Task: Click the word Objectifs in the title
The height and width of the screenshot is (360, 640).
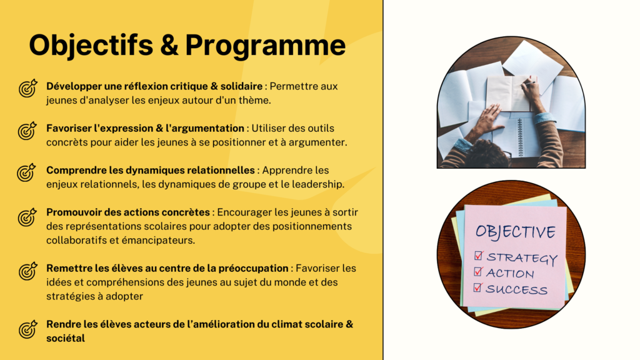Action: coord(91,45)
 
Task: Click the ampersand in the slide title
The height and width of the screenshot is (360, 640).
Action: coord(169,45)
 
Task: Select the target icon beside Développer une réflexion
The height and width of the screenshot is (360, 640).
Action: coord(27,88)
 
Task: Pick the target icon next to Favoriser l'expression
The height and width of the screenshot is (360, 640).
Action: coord(27,131)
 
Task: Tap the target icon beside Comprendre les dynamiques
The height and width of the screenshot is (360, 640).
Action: coord(26,172)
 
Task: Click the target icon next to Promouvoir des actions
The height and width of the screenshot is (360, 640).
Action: coord(27,217)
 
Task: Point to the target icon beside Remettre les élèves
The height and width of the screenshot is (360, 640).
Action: coord(27,271)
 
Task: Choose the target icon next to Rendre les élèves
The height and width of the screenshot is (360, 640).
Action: coord(27,329)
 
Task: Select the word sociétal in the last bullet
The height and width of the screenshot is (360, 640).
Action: coord(66,338)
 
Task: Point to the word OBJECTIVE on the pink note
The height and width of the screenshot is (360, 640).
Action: coord(516,231)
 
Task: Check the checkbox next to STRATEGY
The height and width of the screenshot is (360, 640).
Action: coord(479,256)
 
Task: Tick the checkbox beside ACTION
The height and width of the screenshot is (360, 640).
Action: coord(478,271)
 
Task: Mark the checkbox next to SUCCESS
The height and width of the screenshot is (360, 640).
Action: coord(477,287)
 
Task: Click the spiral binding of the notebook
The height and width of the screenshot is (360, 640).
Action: coord(519,137)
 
